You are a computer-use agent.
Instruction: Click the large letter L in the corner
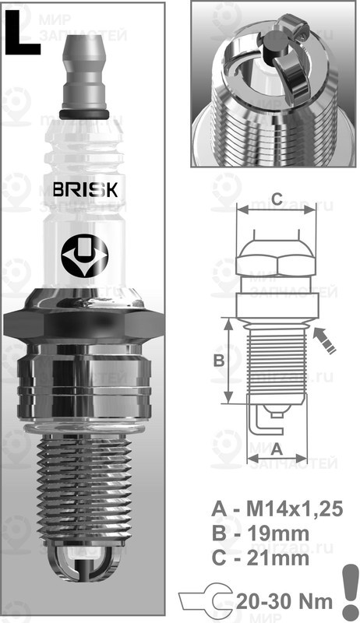[x=23, y=34]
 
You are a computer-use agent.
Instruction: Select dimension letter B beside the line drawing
[x=220, y=361]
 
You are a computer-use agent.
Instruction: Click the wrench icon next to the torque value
[x=201, y=600]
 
